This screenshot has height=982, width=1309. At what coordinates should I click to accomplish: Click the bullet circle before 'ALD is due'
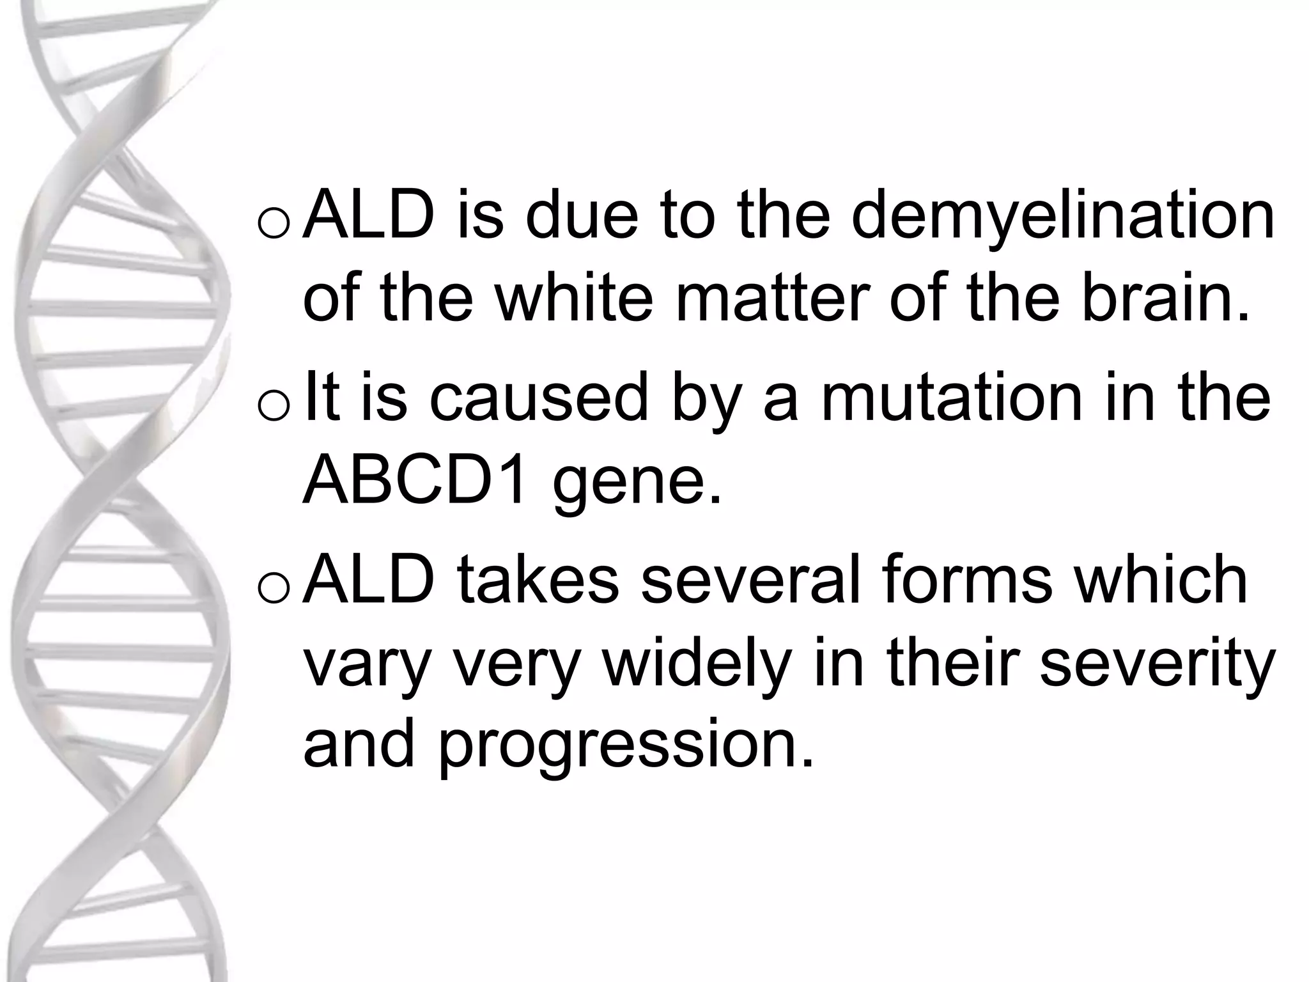pyautogui.click(x=275, y=224)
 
